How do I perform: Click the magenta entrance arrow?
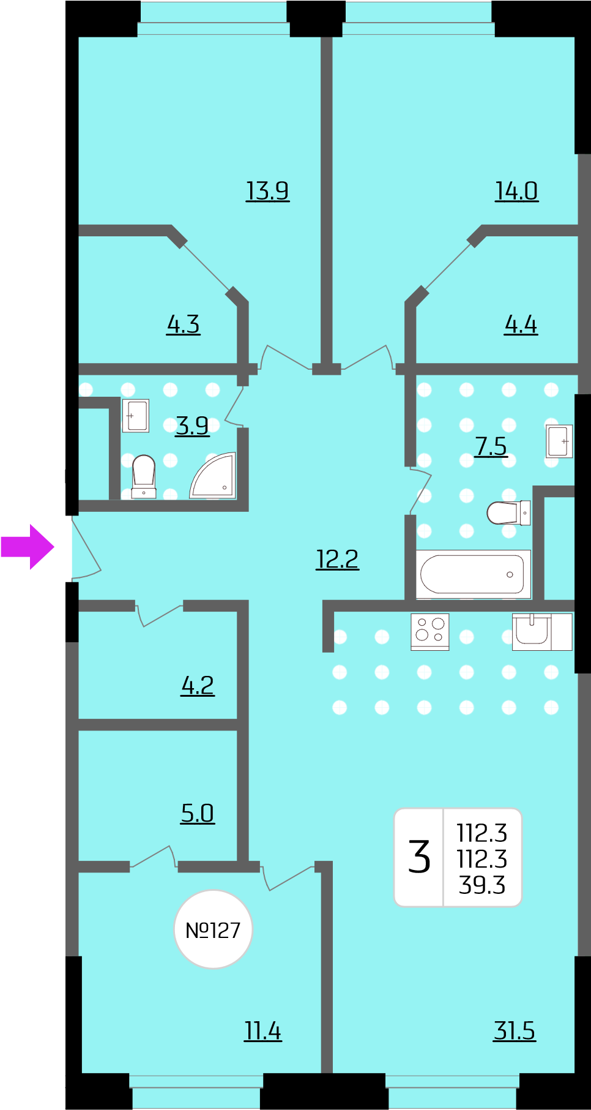(x=28, y=547)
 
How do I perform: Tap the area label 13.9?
(x=267, y=191)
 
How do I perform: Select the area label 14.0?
(x=516, y=191)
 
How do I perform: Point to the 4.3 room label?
(x=184, y=324)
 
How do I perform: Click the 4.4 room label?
(x=521, y=324)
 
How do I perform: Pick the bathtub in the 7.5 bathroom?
(x=474, y=574)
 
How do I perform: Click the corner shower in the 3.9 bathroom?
(x=213, y=475)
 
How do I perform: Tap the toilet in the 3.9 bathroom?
(x=144, y=476)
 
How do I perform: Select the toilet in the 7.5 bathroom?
(x=508, y=513)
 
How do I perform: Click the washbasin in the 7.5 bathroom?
(x=559, y=441)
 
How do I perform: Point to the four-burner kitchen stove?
(x=430, y=631)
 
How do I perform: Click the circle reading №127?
(x=213, y=929)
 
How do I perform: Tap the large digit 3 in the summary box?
(x=420, y=857)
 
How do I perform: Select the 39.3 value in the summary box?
(x=482, y=885)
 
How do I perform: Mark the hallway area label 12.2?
(x=337, y=559)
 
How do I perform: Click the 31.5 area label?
(x=515, y=1031)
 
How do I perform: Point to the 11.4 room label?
(x=263, y=1031)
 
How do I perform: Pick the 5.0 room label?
(x=198, y=814)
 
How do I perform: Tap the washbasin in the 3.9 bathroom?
(x=136, y=416)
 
